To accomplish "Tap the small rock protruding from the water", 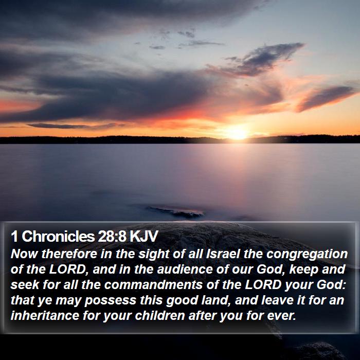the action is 175,212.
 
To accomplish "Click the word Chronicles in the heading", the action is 58,236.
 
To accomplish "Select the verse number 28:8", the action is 112,236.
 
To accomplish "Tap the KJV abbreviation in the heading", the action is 144,236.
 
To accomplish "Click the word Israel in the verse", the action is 223,254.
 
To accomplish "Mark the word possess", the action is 111,301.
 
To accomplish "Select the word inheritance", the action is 45,315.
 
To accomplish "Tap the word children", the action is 160,315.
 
